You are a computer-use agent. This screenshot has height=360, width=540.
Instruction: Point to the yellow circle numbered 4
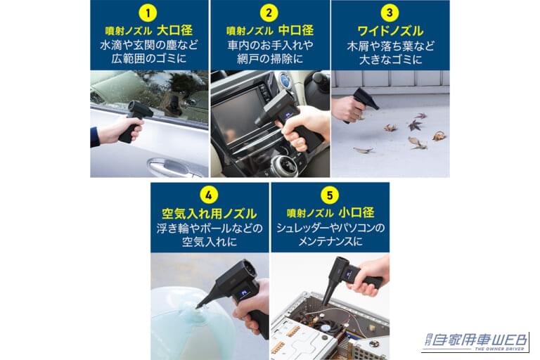point(210,195)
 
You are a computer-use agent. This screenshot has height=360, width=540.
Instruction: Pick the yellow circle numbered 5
point(330,195)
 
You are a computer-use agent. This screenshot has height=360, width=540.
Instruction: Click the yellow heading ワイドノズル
point(390,31)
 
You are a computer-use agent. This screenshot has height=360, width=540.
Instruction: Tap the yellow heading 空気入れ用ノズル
point(210,212)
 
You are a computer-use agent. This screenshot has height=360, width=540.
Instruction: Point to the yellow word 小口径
point(358,212)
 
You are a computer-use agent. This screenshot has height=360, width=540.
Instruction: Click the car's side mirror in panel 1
point(172,104)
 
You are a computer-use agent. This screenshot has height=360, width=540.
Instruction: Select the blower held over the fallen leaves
point(361,102)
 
